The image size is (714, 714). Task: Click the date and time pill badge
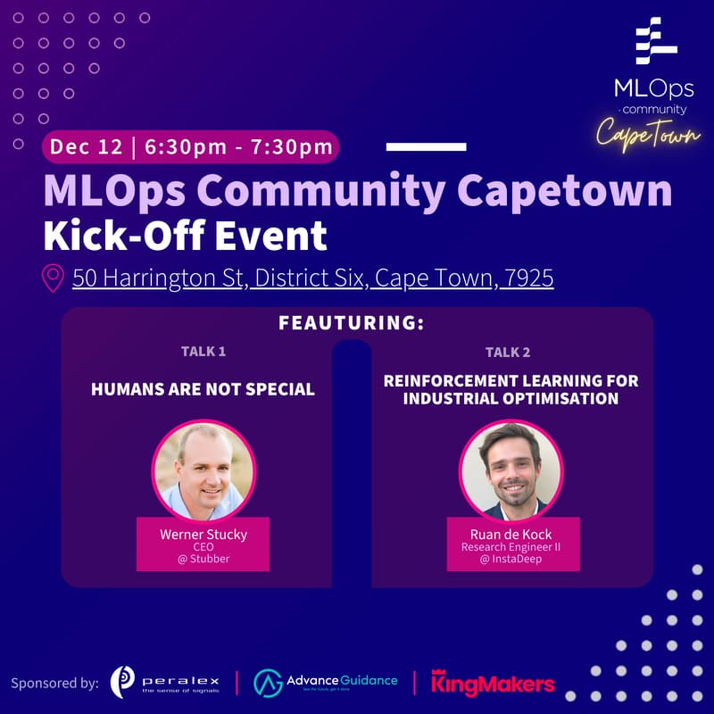(x=191, y=147)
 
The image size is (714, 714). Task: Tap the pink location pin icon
(x=54, y=278)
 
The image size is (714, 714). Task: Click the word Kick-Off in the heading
(x=113, y=237)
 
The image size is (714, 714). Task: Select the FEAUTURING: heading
(x=351, y=323)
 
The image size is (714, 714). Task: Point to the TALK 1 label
(x=203, y=351)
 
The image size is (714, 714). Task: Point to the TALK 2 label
(x=509, y=351)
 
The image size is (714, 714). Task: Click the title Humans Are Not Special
(x=203, y=389)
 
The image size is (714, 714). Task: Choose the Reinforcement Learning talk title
(x=511, y=389)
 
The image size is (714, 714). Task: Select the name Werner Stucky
(x=203, y=534)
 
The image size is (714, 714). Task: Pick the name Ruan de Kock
(x=511, y=534)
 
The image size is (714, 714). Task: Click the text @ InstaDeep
(x=511, y=560)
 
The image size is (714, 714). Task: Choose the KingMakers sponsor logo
(x=493, y=683)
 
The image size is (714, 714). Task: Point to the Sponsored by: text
(x=54, y=684)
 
